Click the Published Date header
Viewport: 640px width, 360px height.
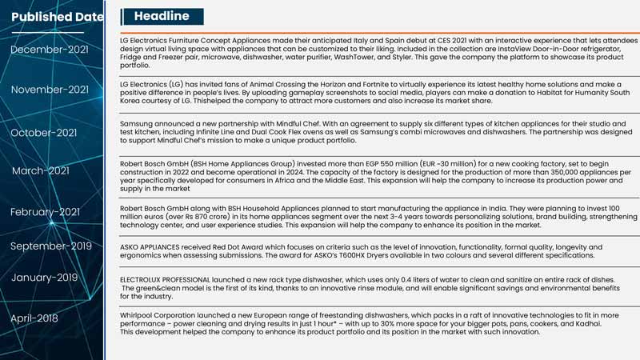coord(57,17)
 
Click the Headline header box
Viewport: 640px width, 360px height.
coord(162,16)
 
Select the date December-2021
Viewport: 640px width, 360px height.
coord(50,50)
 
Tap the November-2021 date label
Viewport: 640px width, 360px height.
coord(50,90)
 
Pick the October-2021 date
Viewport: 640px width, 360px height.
coord(43,133)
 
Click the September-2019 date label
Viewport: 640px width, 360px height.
coord(51,246)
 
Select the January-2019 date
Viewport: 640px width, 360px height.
coord(44,278)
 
